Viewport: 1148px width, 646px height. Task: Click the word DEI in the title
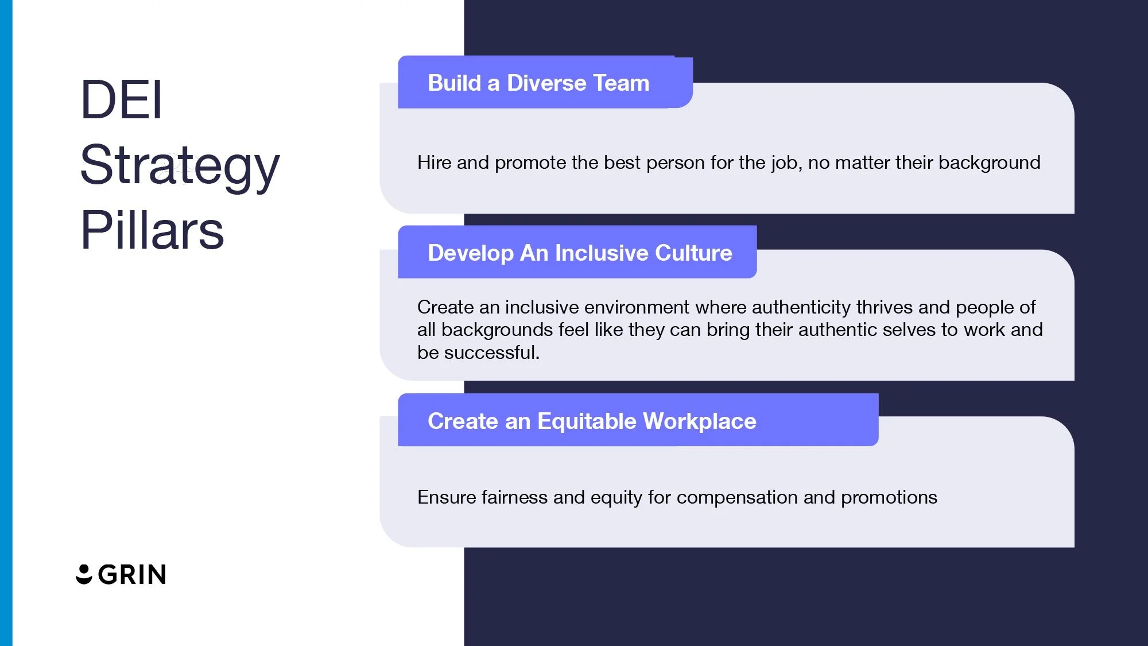121,100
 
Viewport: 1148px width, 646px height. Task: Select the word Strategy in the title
180,165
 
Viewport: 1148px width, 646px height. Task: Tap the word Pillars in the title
152,231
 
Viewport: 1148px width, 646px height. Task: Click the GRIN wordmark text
132,575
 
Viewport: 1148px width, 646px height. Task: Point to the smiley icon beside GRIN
84,574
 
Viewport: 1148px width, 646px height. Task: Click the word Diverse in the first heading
546,83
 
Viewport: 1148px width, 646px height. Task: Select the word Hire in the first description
434,163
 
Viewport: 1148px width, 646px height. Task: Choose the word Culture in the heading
693,253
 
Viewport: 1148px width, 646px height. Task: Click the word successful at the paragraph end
491,353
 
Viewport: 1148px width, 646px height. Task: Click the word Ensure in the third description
447,497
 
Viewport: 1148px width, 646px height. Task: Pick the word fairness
514,497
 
